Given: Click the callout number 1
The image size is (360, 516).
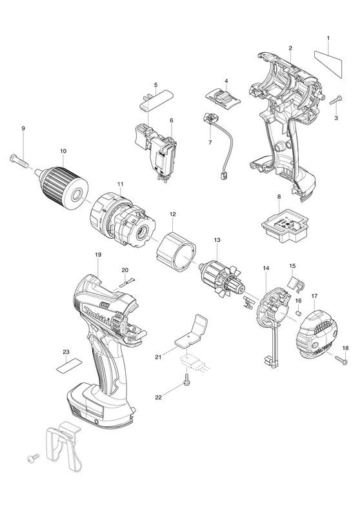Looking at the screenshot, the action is (x=328, y=38).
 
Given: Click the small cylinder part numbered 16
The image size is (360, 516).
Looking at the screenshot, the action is (x=299, y=313).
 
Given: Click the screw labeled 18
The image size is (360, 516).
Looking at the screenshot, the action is (x=341, y=360).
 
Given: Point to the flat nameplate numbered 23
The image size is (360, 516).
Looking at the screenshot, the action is (x=68, y=365).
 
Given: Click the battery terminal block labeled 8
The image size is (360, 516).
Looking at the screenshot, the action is (x=285, y=229).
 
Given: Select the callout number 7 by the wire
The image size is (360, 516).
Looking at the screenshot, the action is (x=210, y=143).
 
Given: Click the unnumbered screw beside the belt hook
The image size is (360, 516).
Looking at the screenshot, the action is (x=34, y=457).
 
